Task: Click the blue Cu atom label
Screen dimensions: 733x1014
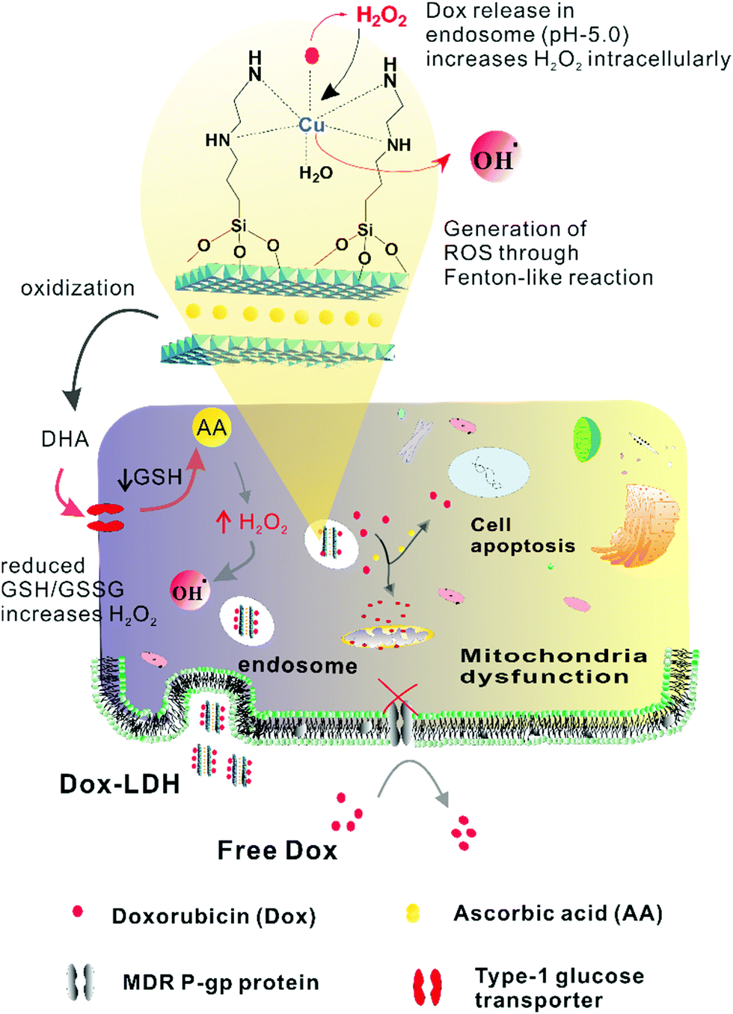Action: (x=312, y=124)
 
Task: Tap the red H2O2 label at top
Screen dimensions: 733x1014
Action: (x=381, y=16)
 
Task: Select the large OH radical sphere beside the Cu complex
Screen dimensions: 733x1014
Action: (x=495, y=158)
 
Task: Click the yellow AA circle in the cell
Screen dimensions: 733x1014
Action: (x=212, y=427)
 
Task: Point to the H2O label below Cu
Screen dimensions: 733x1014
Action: (x=316, y=173)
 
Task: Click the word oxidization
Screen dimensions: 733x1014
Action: (x=78, y=288)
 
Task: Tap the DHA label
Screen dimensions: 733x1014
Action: (x=65, y=439)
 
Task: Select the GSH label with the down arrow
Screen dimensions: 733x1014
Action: (x=150, y=478)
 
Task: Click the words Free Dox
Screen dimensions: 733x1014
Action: (x=277, y=850)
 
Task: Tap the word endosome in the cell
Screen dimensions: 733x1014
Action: (x=298, y=666)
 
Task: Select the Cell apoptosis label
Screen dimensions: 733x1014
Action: (x=523, y=535)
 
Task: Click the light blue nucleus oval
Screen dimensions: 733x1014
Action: (x=489, y=472)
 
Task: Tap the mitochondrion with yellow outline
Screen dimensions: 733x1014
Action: (x=387, y=636)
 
